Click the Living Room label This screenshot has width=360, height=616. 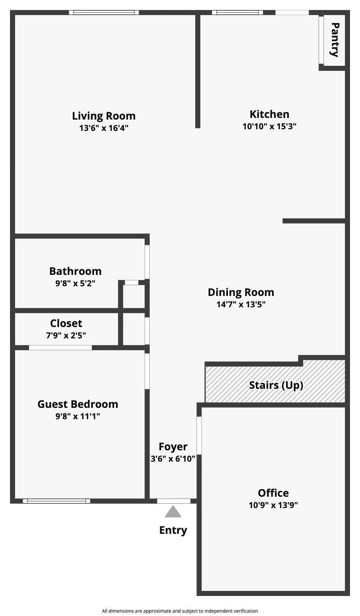click(104, 116)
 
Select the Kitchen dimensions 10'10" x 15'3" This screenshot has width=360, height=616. click(269, 126)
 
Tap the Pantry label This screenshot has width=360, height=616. click(335, 40)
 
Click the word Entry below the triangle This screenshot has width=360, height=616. click(173, 530)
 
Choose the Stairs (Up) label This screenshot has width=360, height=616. click(276, 385)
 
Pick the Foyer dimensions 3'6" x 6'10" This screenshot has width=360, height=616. click(173, 459)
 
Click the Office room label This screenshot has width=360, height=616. click(273, 493)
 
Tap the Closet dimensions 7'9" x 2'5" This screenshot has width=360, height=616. click(66, 335)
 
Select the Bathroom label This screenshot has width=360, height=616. click(75, 271)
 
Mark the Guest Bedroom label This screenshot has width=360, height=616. click(78, 404)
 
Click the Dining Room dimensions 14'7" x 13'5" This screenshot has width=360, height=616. click(241, 304)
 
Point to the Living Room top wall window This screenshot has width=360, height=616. click(104, 13)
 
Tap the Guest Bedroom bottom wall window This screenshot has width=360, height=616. click(56, 501)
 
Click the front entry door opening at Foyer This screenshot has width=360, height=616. click(173, 501)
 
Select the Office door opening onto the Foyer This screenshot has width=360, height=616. click(199, 435)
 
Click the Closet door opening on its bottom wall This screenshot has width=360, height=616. click(60, 348)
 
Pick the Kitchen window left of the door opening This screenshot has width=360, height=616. click(237, 13)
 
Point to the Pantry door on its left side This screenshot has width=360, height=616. click(321, 40)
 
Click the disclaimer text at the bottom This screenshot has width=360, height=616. click(180, 611)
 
